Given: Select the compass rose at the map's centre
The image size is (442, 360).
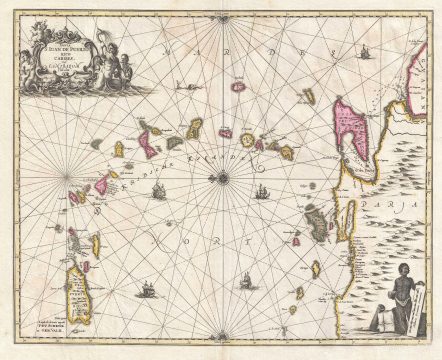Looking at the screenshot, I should point(222,179).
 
